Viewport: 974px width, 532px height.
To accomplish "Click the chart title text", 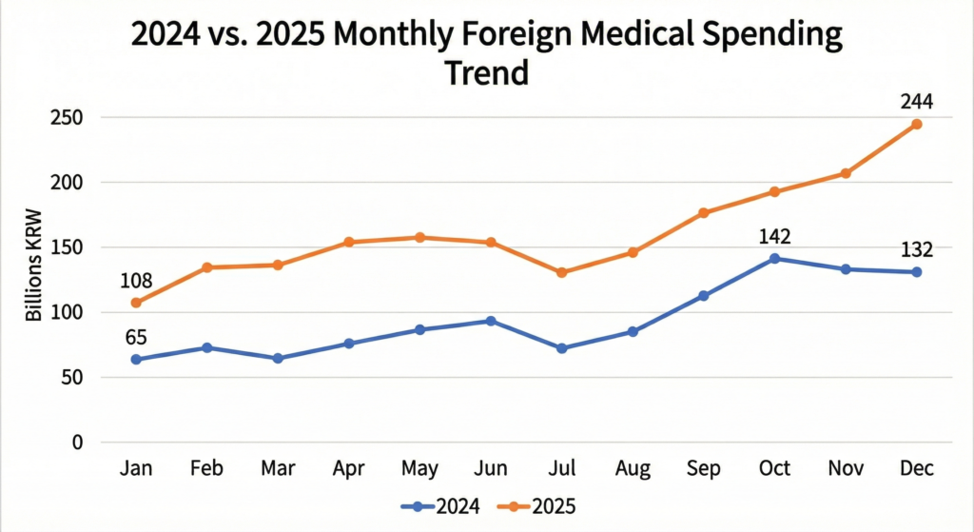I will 487,53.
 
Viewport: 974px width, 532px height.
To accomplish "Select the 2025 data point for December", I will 916,125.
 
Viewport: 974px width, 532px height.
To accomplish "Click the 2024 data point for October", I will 775,258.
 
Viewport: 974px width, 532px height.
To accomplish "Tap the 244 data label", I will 916,100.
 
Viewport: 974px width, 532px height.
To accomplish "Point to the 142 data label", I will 775,236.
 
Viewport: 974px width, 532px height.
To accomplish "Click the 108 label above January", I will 137,282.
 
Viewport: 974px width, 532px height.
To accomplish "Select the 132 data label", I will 916,250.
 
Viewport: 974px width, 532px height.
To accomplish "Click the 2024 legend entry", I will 441,507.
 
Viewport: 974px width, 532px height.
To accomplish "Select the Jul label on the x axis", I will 562,468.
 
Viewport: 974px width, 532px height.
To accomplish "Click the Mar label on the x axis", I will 279,468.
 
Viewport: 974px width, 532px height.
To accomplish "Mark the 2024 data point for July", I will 562,348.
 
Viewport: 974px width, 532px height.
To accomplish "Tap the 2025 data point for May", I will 419,237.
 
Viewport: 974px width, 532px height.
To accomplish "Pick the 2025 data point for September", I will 704,213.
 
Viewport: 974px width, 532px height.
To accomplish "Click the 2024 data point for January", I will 136,359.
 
